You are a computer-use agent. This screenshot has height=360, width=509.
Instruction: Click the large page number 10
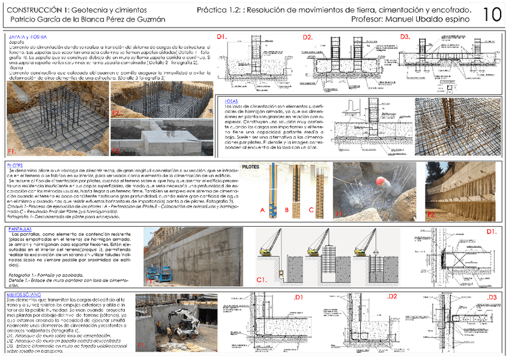[x=492, y=14]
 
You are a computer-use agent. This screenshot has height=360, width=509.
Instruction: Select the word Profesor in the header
[x=367, y=20]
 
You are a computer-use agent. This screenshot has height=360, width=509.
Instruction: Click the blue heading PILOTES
[x=15, y=164]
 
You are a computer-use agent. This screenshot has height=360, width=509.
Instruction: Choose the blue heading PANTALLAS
[x=21, y=229]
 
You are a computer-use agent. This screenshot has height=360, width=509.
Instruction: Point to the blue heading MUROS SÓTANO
[x=23, y=296]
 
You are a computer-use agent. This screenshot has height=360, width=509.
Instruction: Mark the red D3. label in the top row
[x=406, y=38]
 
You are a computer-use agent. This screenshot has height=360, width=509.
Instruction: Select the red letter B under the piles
[x=288, y=209]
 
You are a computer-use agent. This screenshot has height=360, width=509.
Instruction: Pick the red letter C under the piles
[x=311, y=209]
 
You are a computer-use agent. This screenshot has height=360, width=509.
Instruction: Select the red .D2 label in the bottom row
[x=392, y=297]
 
